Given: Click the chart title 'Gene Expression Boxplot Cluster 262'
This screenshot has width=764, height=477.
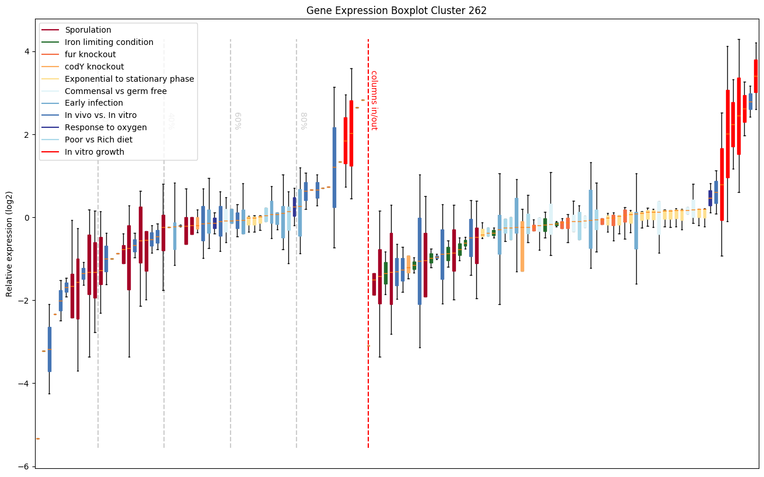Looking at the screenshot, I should click(396, 11).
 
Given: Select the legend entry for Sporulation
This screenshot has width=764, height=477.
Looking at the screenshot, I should click(88, 30).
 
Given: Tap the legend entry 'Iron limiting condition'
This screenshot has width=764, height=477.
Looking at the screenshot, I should click(109, 42).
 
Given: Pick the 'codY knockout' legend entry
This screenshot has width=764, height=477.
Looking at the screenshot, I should click(95, 67).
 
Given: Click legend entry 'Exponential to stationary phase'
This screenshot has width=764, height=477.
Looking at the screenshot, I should click(130, 79).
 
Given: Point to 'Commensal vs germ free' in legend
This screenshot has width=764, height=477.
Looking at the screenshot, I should click(116, 91).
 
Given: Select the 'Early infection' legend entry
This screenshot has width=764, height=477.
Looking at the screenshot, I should click(94, 103).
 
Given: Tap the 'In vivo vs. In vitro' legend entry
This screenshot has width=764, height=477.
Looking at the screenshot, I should click(100, 116).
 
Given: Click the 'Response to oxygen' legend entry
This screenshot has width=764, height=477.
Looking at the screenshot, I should click(106, 127).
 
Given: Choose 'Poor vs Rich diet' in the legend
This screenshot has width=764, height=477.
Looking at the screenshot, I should click(99, 140).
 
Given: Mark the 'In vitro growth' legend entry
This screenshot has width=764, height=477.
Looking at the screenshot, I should click(95, 152).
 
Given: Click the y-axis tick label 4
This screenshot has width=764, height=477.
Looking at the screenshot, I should click(26, 51).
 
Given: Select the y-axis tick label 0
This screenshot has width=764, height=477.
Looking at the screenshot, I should click(26, 217).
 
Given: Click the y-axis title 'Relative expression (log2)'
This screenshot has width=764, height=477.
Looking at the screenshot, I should click(9, 243).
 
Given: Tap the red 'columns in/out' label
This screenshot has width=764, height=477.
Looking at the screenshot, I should click(374, 100).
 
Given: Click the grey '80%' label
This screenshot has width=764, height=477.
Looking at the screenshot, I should click(303, 120).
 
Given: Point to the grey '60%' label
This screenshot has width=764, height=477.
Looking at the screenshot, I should click(237, 120).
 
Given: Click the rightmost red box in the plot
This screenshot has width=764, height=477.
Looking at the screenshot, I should click(756, 76).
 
